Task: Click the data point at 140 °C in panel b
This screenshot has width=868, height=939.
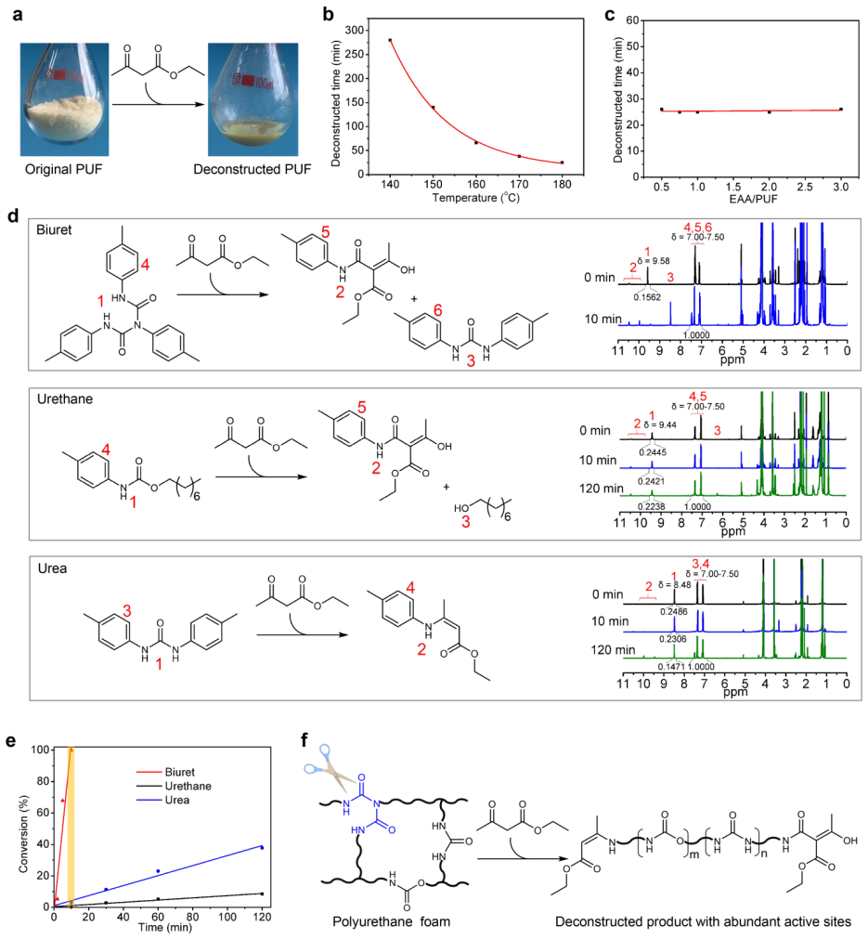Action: point(391,40)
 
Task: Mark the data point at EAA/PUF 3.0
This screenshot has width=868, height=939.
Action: point(840,109)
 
